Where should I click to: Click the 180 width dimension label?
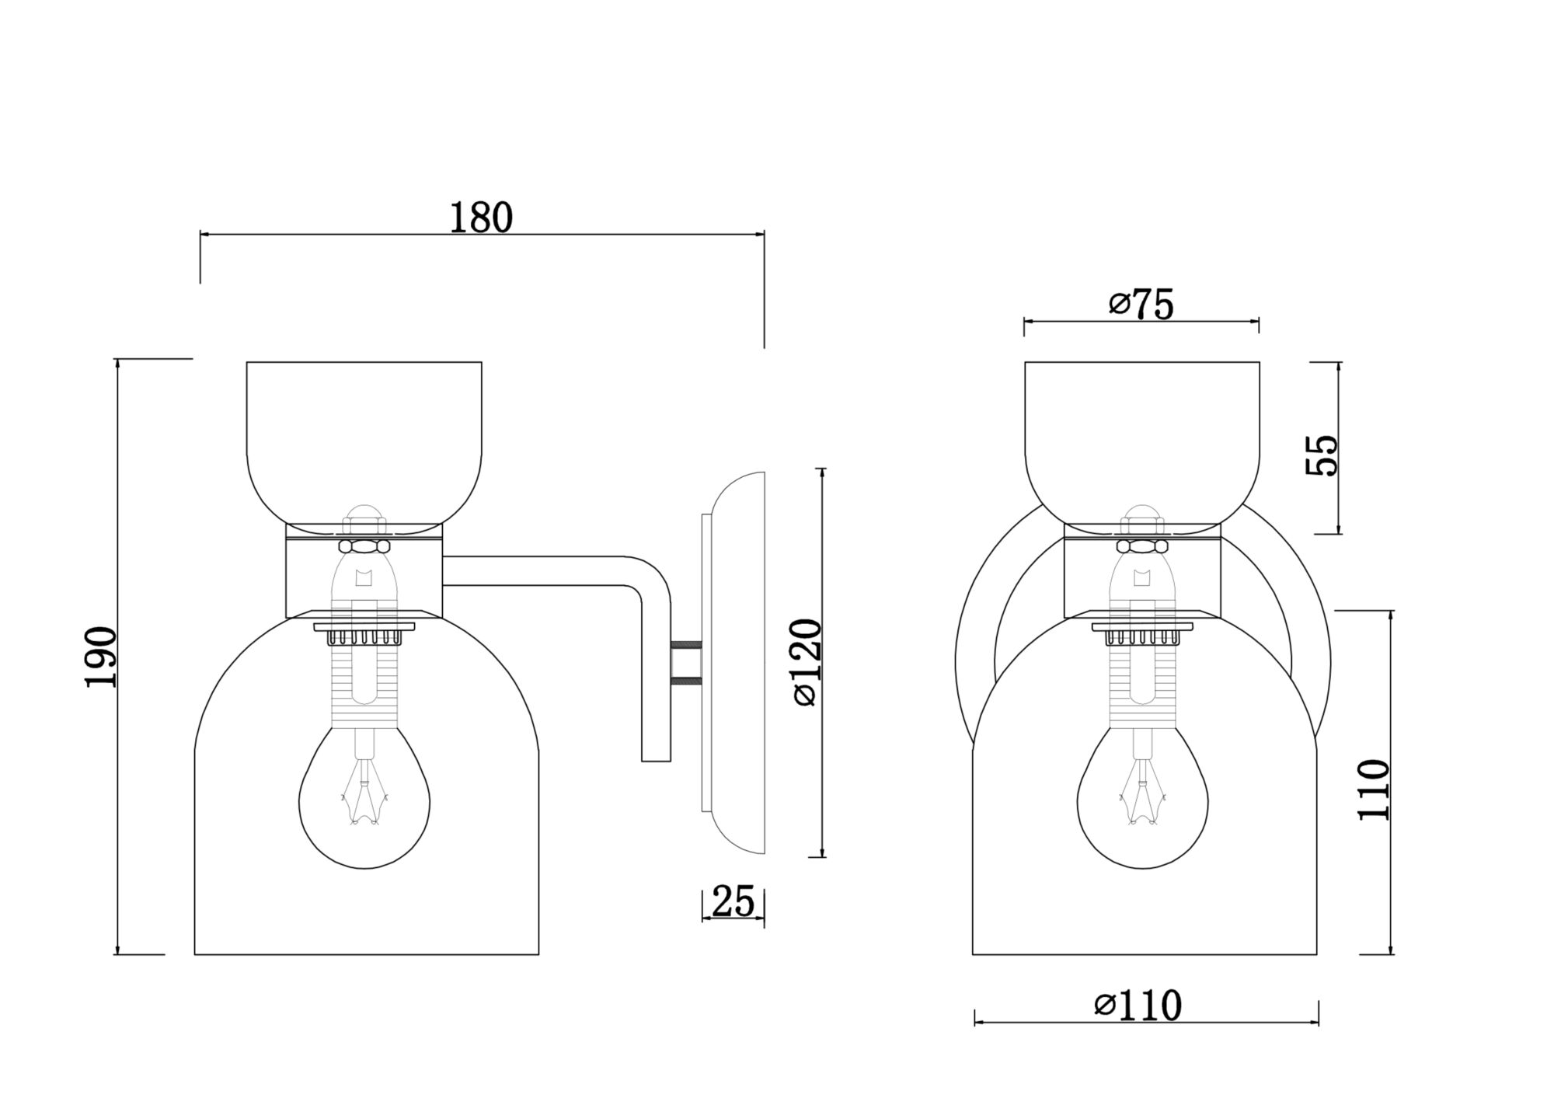482,218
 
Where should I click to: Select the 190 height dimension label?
101,657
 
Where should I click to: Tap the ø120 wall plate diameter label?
807,662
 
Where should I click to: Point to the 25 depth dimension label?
733,901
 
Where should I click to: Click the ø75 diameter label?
1141,305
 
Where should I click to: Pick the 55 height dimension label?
1322,455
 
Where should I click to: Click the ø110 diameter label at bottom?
1138,1006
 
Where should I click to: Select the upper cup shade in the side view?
364,435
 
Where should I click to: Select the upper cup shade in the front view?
1142,435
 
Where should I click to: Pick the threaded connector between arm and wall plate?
687,662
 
